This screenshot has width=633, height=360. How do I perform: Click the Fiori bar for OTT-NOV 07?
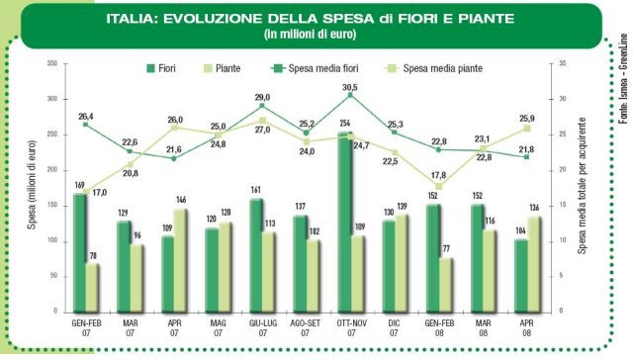coord(345,222)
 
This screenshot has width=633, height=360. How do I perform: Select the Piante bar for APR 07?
coord(181,261)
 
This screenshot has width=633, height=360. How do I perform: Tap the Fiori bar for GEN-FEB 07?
coord(80,253)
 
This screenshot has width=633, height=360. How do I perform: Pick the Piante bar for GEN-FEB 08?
coord(446,285)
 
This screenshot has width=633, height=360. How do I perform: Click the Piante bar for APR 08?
coord(534,264)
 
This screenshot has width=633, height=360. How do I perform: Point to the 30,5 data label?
coord(349,88)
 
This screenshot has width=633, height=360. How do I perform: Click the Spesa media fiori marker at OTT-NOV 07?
coord(350,95)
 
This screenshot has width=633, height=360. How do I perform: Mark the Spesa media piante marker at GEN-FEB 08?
coord(439,187)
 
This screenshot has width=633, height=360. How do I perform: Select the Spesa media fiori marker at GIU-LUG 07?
coord(262,106)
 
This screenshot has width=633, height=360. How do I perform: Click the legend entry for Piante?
coord(222,68)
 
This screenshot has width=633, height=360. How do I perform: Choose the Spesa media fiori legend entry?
coord(315,68)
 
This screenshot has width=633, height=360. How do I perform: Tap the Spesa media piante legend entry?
coord(433,68)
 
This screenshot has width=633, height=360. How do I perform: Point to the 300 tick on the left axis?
coord(52,99)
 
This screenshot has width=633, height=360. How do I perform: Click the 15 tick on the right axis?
coord(562,205)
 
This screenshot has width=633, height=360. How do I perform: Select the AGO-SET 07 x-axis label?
coord(306,328)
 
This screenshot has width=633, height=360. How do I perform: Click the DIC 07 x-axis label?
coord(394,328)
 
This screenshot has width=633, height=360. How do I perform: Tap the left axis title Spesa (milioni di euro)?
coord(32,185)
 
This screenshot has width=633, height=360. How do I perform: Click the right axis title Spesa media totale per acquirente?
coord(582,186)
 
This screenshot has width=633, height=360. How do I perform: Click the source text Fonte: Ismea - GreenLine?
coord(623,78)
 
